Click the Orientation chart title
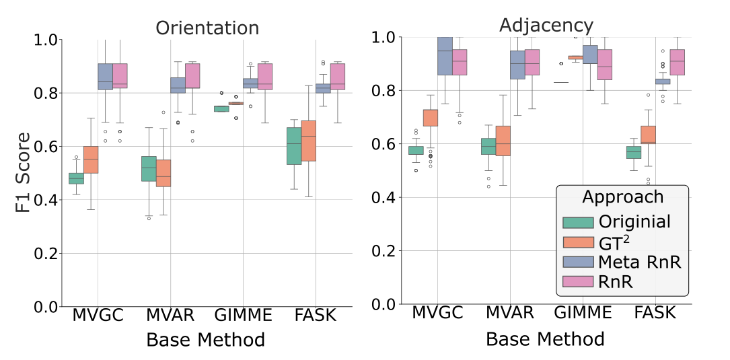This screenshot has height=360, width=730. (x=207, y=28)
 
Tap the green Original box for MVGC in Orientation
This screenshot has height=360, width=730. (x=76, y=178)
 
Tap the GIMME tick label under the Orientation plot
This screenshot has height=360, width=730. (x=244, y=315)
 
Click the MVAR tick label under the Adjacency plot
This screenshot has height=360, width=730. (x=509, y=313)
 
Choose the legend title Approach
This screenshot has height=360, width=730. (x=622, y=197)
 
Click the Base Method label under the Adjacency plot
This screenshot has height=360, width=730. (x=545, y=338)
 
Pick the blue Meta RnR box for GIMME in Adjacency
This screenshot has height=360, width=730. (x=590, y=55)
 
